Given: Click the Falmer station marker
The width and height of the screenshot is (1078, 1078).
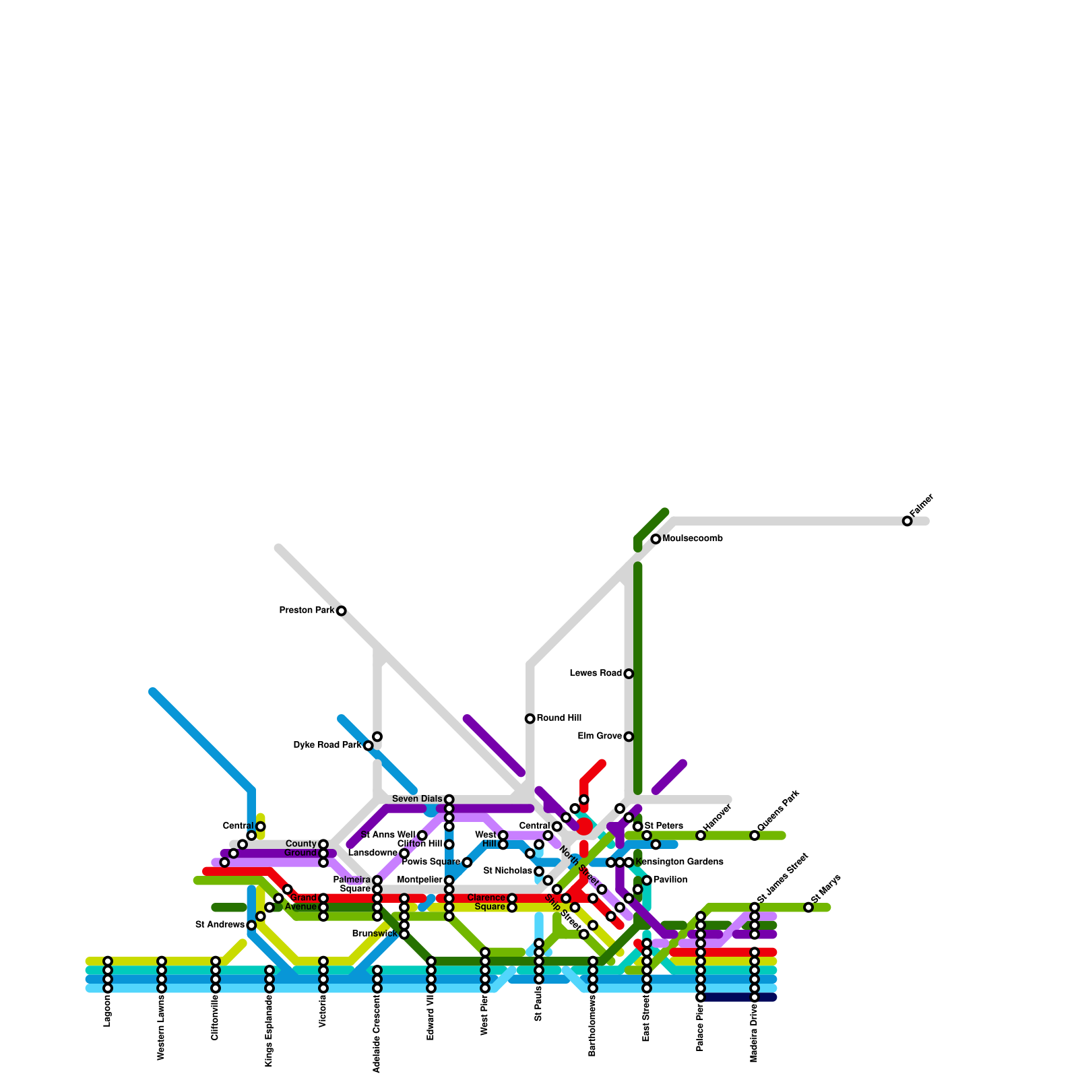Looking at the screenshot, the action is [x=908, y=521].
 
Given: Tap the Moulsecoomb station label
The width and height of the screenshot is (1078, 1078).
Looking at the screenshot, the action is [x=693, y=539].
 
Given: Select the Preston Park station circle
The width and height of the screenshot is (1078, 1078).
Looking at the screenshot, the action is [x=342, y=611].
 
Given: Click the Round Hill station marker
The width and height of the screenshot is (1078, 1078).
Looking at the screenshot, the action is [x=530, y=719].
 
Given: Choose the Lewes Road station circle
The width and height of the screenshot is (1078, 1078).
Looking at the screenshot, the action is [x=629, y=674].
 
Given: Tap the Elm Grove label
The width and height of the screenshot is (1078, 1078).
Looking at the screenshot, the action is [x=600, y=736].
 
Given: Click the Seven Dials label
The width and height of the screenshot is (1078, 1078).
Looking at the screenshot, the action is [x=417, y=799].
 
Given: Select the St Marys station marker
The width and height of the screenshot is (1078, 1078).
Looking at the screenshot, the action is [x=808, y=908].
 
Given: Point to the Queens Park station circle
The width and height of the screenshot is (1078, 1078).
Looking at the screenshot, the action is [x=755, y=835].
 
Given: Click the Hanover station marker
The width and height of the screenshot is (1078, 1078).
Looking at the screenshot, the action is [x=701, y=835].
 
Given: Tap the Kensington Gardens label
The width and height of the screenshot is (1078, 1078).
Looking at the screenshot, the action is [x=679, y=862].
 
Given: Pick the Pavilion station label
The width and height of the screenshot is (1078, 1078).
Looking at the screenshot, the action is [x=670, y=880].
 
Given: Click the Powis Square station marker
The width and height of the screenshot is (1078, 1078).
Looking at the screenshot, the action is [x=467, y=862].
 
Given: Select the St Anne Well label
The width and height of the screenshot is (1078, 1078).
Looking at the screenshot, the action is [x=388, y=835].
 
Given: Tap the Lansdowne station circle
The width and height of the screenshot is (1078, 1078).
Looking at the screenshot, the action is [x=404, y=854].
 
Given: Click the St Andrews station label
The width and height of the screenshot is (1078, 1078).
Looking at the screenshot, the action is [x=220, y=925].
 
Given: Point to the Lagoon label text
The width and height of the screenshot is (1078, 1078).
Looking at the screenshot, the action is [x=107, y=1011].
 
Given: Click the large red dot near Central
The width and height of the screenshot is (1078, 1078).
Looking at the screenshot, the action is [x=584, y=827].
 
